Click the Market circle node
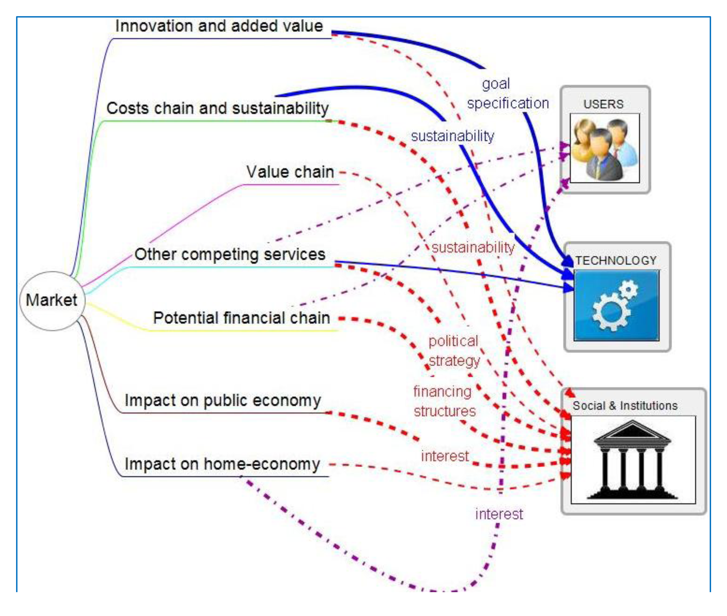click(52, 300)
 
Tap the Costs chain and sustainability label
click(217, 108)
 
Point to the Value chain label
click(290, 172)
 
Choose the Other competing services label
click(229, 254)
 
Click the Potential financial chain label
click(241, 318)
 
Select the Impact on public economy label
click(223, 400)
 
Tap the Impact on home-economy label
click(222, 464)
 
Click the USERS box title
click(603, 104)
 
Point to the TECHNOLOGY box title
click(616, 260)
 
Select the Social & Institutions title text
click(625, 406)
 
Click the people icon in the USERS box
click(604, 148)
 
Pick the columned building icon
click(632, 459)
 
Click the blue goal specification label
click(508, 94)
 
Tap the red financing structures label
click(444, 401)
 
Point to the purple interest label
click(499, 514)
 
